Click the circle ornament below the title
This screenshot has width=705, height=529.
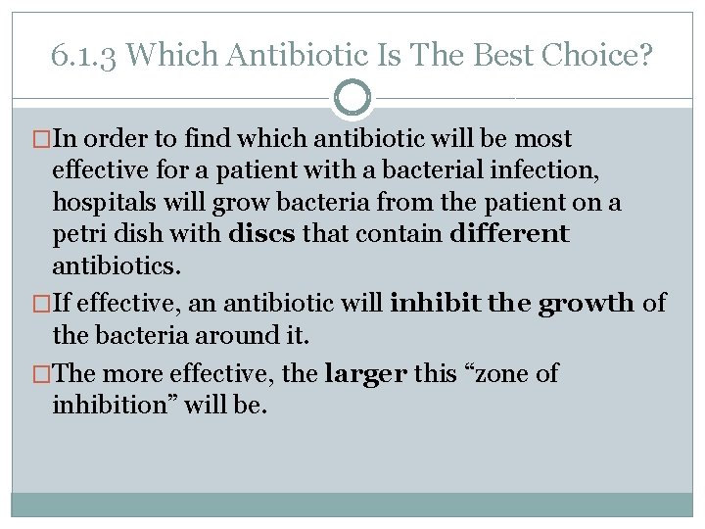pyautogui.click(x=352, y=99)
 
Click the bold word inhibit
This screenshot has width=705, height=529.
pyautogui.click(x=435, y=303)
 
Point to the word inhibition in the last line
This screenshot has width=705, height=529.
pyautogui.click(x=104, y=405)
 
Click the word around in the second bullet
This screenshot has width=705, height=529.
pyautogui.click(x=211, y=336)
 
